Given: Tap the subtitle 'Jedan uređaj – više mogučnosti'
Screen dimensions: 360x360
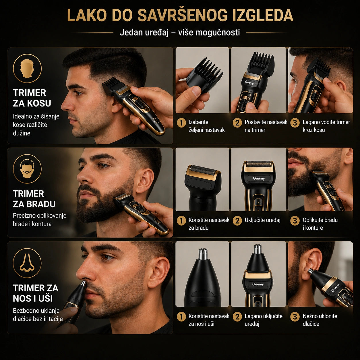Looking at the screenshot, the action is click(180, 32).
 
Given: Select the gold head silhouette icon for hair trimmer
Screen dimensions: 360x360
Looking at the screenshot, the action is click(27, 68).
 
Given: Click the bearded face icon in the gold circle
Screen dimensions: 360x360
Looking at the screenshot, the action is click(27, 169).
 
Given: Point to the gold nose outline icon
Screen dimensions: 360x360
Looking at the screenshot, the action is click(27, 263).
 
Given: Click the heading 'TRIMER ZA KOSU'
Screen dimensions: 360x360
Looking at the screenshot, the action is click(32, 98).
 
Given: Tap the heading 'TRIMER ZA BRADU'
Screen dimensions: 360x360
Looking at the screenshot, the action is click(34, 199).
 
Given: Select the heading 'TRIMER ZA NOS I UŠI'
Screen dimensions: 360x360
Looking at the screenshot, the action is click(36, 293).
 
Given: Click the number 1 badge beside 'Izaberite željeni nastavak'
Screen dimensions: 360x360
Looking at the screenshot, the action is click(181, 123).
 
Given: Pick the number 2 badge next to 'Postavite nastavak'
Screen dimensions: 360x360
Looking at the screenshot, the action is click(237, 123).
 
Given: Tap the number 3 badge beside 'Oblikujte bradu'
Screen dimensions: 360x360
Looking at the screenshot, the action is click(295, 221).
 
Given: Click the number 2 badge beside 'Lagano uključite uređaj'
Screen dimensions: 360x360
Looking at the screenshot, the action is click(237, 317).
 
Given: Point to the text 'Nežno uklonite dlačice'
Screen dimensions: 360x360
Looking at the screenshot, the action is click(320, 320).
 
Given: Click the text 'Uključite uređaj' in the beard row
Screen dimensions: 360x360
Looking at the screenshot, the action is click(262, 220).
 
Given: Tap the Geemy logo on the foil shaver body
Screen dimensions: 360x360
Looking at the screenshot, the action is click(259, 178).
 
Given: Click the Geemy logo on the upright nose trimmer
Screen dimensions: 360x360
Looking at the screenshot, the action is click(258, 284).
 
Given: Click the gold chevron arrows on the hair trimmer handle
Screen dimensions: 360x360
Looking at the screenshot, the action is click(155, 120).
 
